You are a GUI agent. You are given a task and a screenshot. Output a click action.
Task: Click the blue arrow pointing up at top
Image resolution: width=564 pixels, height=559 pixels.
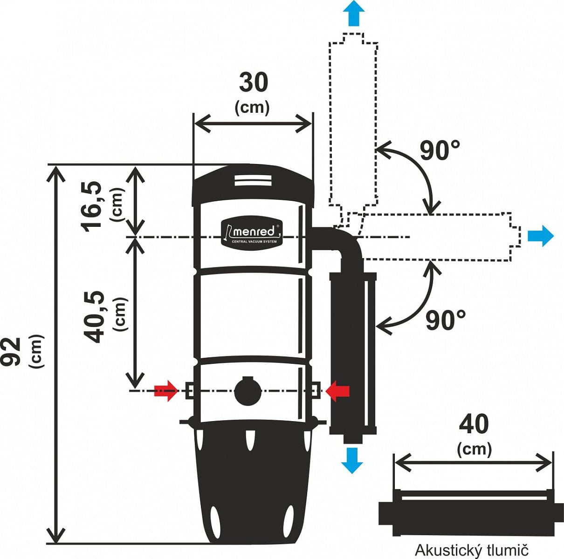tap(354, 13)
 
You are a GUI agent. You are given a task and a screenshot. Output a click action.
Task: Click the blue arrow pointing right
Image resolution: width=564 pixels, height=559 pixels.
tap(540, 236)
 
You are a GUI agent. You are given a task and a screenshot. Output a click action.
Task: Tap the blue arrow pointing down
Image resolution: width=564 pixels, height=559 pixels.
tap(352, 459)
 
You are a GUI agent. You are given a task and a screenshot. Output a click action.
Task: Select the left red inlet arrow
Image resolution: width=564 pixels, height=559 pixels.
tap(166, 390)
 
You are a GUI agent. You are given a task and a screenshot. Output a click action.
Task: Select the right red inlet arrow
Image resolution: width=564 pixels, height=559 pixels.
tap(338, 390)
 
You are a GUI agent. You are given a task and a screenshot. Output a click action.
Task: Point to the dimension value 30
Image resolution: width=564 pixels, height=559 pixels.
tap(254, 83)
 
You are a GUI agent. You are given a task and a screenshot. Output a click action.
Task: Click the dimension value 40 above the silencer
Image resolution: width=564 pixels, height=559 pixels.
tap(474, 424)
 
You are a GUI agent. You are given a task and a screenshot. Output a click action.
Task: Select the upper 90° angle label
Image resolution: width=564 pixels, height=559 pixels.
tap(440, 150)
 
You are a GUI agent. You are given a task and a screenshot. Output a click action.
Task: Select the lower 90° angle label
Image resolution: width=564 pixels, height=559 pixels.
tap(445, 320)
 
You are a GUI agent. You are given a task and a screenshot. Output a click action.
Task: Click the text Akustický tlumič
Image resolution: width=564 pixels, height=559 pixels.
tap(472, 550)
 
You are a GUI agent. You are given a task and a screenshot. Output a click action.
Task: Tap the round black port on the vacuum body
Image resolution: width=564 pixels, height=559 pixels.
tap(247, 390)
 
